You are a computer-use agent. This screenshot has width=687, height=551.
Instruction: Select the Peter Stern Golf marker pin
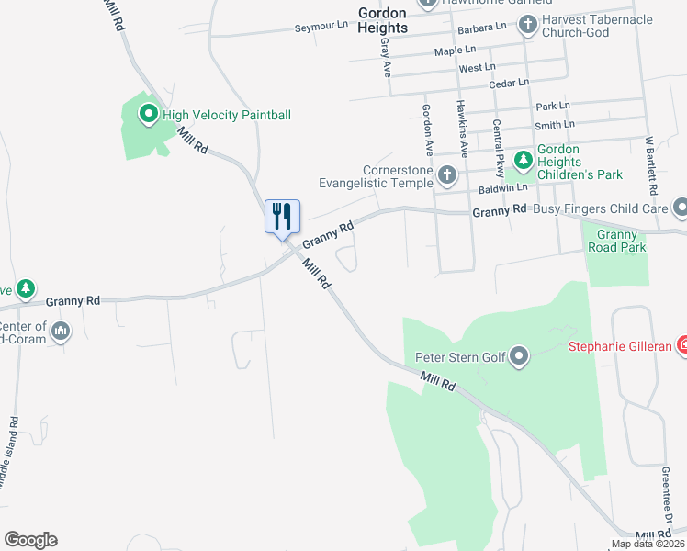(520, 356)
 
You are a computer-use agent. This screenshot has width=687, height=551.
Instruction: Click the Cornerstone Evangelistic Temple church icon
(447, 174)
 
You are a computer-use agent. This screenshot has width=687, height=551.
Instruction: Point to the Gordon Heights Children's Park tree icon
(524, 162)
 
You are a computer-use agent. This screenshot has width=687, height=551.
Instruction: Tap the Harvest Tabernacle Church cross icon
(528, 26)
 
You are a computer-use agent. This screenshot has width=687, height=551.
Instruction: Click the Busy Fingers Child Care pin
(680, 208)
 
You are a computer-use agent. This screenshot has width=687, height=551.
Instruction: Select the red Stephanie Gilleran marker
(682, 346)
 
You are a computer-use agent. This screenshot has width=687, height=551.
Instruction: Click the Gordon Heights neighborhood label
(382, 19)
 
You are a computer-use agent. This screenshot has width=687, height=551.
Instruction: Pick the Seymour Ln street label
(321, 28)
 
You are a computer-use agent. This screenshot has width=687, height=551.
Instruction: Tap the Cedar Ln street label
(509, 84)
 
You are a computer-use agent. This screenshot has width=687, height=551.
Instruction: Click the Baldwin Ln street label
(503, 187)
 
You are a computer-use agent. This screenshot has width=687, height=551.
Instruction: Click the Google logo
(30, 540)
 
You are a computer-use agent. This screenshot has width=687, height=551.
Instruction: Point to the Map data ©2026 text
(648, 544)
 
